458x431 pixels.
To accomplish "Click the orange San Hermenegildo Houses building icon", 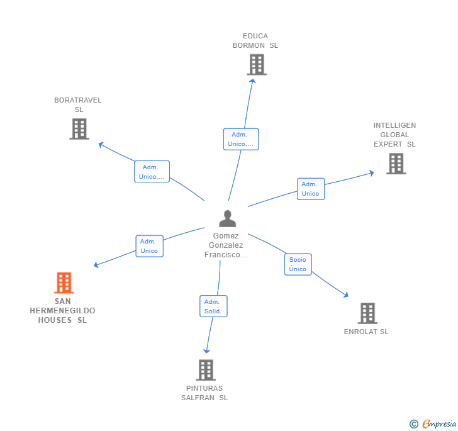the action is coord(64,283).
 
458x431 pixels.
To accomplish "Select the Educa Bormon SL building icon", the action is coord(256,65).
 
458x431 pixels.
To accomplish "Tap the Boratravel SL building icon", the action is coord(79,129).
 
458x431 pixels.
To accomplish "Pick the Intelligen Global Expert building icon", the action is coord(396,164).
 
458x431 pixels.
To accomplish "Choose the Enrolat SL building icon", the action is coord(367,313).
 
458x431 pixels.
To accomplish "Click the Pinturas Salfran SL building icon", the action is coord(205,370).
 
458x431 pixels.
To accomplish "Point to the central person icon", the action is coord(227,218).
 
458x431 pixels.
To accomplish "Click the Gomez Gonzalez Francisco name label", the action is coord(226,245).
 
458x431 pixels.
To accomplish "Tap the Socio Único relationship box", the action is coord(298,264).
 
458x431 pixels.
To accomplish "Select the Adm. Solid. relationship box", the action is coord(213,306).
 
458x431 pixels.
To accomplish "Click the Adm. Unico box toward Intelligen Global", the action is coord(310,189).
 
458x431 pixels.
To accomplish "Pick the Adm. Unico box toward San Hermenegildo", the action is coord(149,246).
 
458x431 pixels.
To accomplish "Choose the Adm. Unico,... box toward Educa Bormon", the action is coord(240,139).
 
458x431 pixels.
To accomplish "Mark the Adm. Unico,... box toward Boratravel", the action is coord(152,172).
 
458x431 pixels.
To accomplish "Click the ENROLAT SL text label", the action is coord(366,332).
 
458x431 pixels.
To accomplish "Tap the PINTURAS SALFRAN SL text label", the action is coord(204,393).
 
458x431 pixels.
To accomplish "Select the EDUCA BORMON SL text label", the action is coord(255,40).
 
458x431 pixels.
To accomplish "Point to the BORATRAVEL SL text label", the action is coord(78,104).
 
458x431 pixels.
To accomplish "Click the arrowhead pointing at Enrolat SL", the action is coord(345,294).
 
